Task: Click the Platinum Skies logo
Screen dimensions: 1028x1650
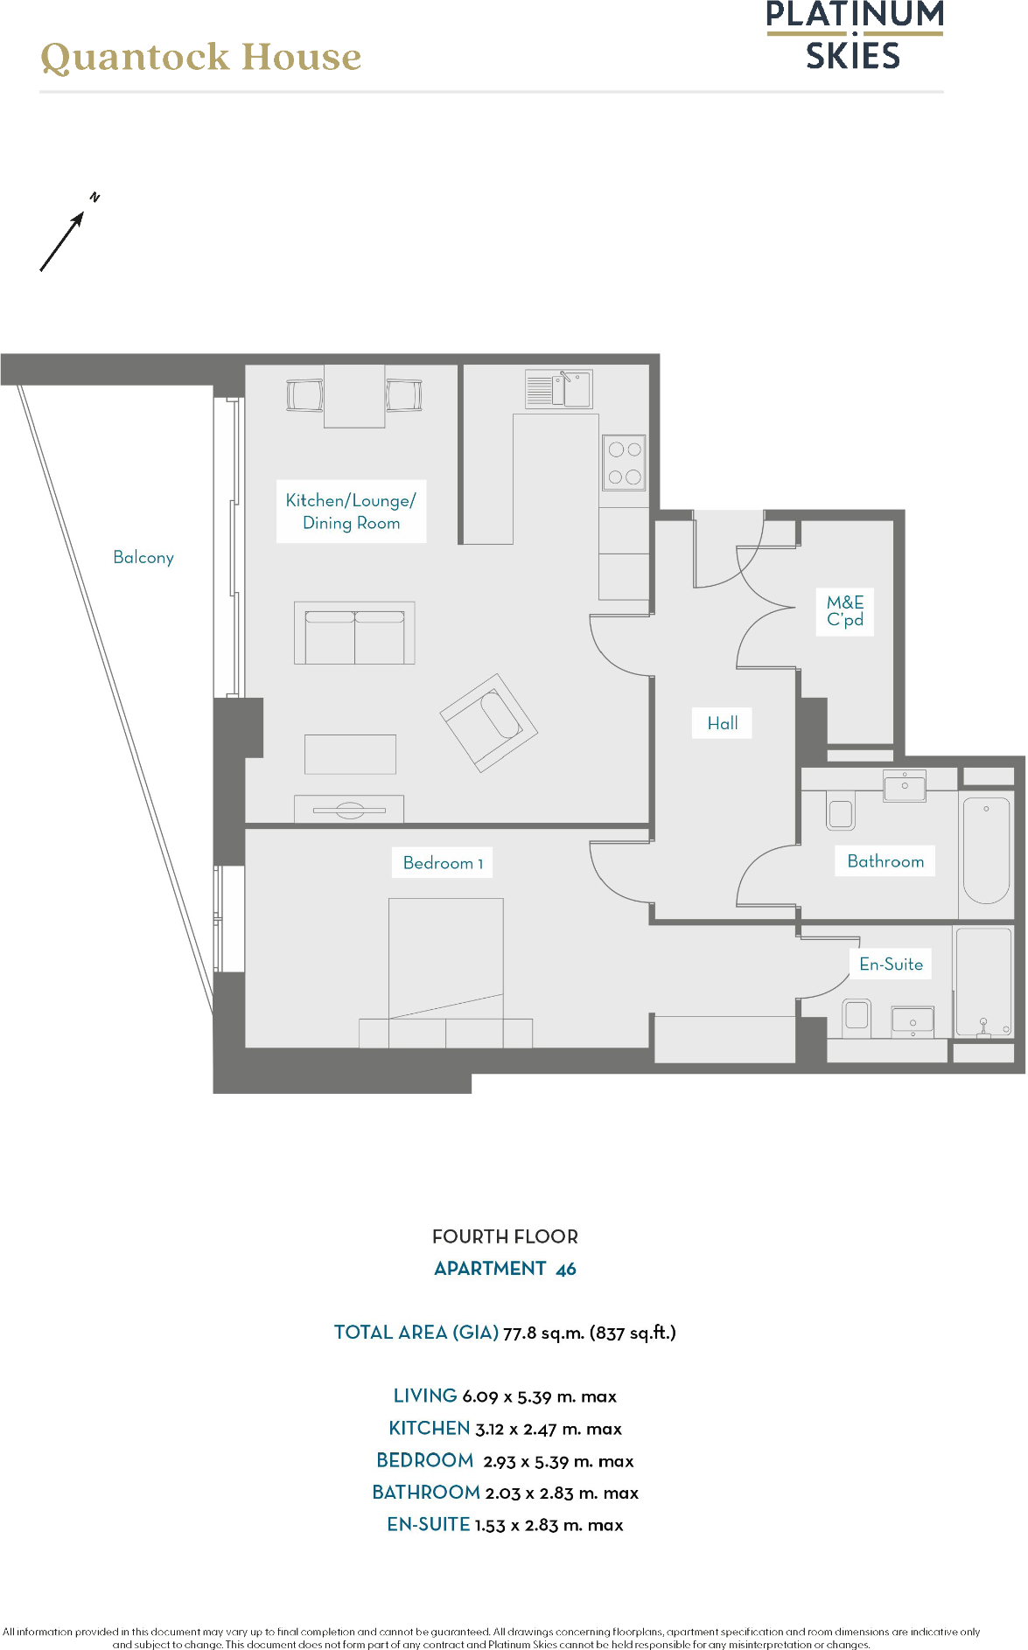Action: tap(854, 36)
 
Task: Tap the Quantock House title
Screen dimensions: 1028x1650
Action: tap(201, 57)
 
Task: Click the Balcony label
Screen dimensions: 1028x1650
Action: tap(143, 558)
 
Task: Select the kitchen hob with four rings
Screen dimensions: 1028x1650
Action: tap(625, 463)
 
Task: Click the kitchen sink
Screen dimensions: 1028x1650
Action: tap(559, 390)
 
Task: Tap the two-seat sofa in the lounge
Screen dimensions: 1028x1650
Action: tap(354, 633)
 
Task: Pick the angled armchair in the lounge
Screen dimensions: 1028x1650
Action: tap(488, 722)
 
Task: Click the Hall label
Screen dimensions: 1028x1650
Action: tap(723, 723)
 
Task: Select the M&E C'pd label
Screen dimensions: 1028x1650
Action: tap(845, 611)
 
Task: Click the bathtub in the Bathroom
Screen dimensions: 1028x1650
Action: tap(986, 850)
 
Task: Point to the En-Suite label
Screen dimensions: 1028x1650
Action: tap(891, 964)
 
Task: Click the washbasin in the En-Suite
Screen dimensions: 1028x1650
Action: tap(913, 1020)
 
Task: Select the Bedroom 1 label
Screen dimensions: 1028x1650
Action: tap(443, 863)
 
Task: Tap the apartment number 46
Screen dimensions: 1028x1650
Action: tap(566, 1269)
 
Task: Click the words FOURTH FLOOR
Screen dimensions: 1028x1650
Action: tap(505, 1236)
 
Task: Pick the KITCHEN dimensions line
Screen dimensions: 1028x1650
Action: tap(505, 1429)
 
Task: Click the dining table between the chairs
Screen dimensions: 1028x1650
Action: tap(354, 396)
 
